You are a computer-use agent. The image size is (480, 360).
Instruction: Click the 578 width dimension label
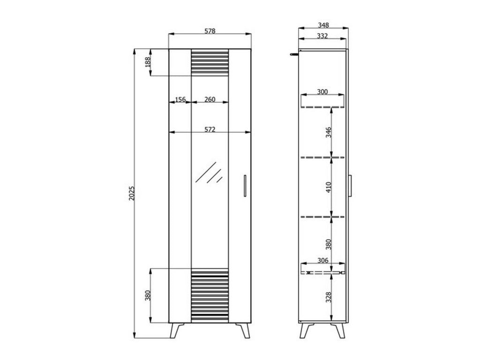pos(210,31)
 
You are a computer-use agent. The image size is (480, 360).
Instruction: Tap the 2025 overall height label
pos(132,193)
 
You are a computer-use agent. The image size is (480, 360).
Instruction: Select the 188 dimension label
pos(148,62)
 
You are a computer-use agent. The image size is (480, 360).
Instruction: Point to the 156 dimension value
pos(180,99)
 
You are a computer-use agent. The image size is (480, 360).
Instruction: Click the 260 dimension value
pos(210,99)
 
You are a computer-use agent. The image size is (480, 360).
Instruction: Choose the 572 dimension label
pos(210,129)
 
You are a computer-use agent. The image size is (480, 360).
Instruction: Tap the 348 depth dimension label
pos(323,25)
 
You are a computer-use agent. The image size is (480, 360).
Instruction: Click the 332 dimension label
pos(322,36)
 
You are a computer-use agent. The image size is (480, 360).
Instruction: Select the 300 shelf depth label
pos(322,91)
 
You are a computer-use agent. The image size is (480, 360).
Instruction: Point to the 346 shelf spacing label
pos(329,132)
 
